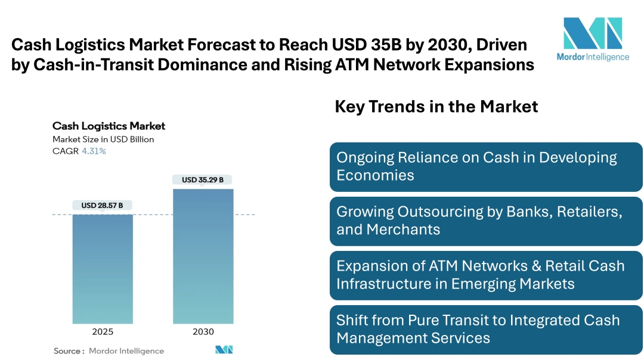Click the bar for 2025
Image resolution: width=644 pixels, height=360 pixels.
103,269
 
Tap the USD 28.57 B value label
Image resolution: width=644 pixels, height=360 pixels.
102,206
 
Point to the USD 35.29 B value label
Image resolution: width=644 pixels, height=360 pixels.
203,179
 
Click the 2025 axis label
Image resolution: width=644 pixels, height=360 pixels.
103,332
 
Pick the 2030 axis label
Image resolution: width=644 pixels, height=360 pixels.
203,332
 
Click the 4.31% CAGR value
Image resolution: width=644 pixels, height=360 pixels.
94,151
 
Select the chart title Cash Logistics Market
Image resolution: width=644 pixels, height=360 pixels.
109,126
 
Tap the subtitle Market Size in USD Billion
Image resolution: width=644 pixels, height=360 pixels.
103,139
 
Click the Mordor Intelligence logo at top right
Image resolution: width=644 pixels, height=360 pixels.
593,39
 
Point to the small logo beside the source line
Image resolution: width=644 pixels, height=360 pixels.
224,350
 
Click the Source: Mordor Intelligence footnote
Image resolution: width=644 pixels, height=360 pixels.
109,351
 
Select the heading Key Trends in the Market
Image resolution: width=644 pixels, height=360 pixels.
436,107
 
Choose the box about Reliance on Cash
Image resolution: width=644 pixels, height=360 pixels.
486,166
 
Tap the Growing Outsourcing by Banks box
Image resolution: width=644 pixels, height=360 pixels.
486,221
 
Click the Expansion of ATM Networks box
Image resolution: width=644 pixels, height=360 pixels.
486,275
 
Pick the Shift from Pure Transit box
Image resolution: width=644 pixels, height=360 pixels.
486,329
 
